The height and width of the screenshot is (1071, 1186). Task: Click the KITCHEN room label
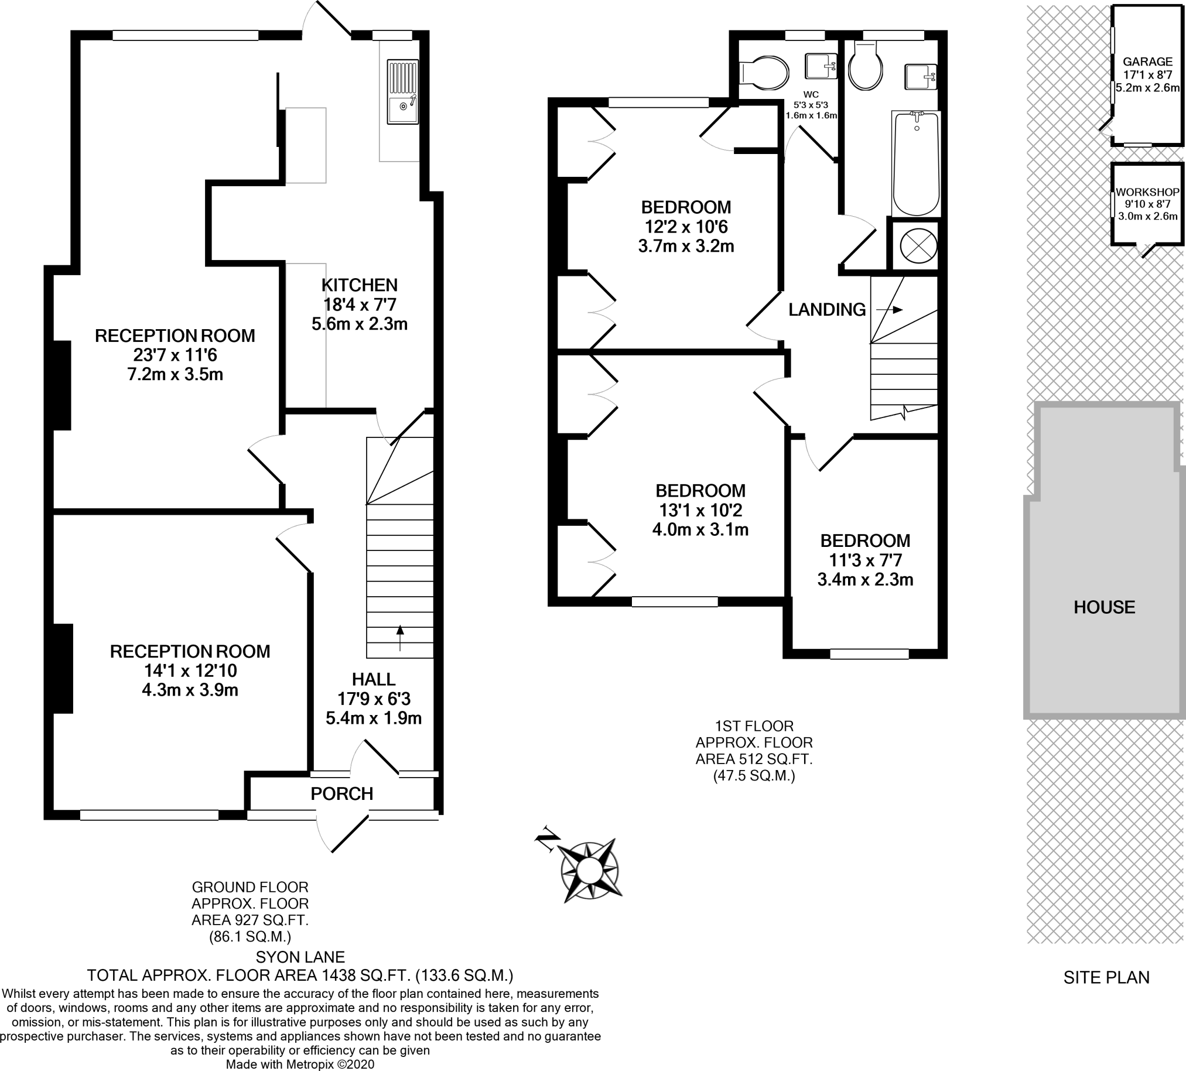[x=359, y=285]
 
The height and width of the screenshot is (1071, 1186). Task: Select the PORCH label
[x=342, y=794]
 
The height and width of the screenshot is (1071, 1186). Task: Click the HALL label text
[x=374, y=680]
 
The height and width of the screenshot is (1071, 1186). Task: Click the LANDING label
[x=826, y=309]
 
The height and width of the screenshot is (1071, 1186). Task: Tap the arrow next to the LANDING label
[x=889, y=309]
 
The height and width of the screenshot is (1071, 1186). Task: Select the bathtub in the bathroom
[x=916, y=163]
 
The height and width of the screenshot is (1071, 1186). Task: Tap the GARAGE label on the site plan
[x=1147, y=61]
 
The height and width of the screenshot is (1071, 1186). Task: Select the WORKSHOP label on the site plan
[x=1147, y=192]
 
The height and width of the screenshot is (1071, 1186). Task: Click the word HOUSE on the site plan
[x=1104, y=608]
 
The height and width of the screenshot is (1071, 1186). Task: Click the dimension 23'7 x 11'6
[x=175, y=355]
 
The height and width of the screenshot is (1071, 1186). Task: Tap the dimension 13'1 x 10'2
[x=700, y=511]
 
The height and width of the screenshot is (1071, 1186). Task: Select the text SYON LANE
[x=300, y=957]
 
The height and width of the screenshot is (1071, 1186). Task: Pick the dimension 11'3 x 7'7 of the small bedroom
[x=865, y=560]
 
